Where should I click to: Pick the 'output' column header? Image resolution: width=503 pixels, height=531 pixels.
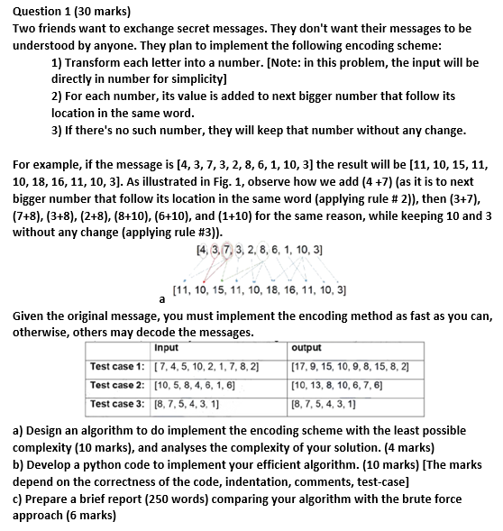point(307,348)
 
